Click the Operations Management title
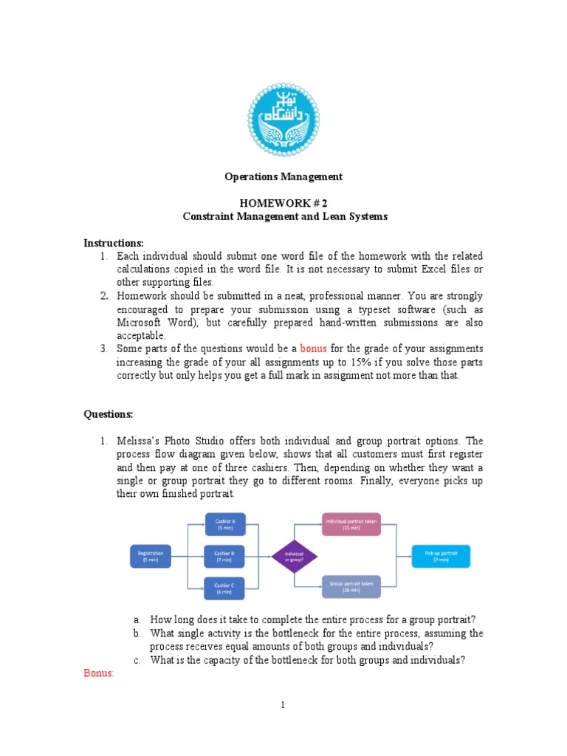(x=284, y=176)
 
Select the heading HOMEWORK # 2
(x=284, y=203)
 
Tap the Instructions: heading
(x=113, y=243)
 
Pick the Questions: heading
(x=108, y=414)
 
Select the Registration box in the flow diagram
(x=150, y=556)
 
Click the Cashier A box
(x=225, y=525)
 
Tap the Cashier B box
(x=224, y=556)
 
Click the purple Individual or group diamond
(x=295, y=556)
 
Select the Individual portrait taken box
(x=351, y=525)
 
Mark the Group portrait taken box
(x=351, y=587)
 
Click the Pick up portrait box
(x=441, y=556)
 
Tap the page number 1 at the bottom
(x=283, y=705)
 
